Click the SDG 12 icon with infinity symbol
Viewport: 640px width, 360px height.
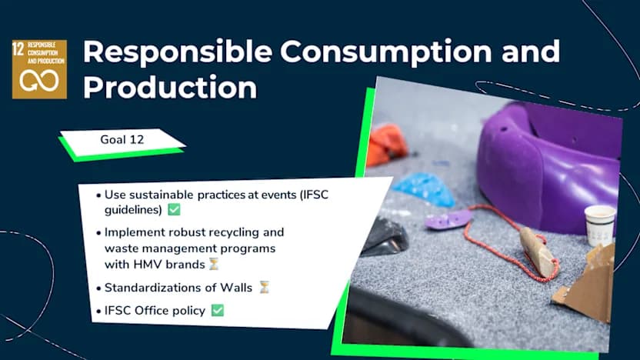coord(38,69)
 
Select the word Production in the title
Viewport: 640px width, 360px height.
coord(169,87)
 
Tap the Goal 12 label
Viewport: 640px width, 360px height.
coord(122,140)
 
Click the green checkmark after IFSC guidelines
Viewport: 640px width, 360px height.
coord(174,209)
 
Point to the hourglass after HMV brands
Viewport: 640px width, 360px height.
coord(214,264)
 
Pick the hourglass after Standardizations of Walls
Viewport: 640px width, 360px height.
coord(264,288)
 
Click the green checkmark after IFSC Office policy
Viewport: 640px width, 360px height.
coord(217,311)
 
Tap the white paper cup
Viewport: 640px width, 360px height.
coord(599,225)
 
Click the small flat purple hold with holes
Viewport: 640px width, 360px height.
coord(448,220)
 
